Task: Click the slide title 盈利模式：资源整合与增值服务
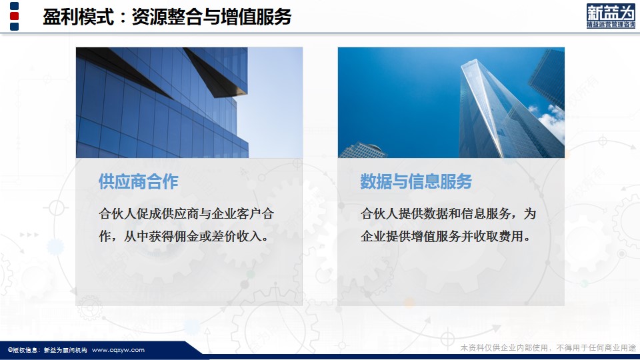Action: click(x=167, y=17)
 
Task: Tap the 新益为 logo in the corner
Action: click(x=611, y=16)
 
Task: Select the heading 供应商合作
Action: click(x=139, y=181)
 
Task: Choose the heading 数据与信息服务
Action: click(x=416, y=181)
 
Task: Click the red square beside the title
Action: click(x=14, y=16)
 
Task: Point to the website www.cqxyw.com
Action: click(x=118, y=350)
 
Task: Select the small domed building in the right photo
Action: click(x=363, y=150)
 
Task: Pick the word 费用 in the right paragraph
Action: click(x=511, y=236)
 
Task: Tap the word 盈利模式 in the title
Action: click(x=78, y=17)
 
